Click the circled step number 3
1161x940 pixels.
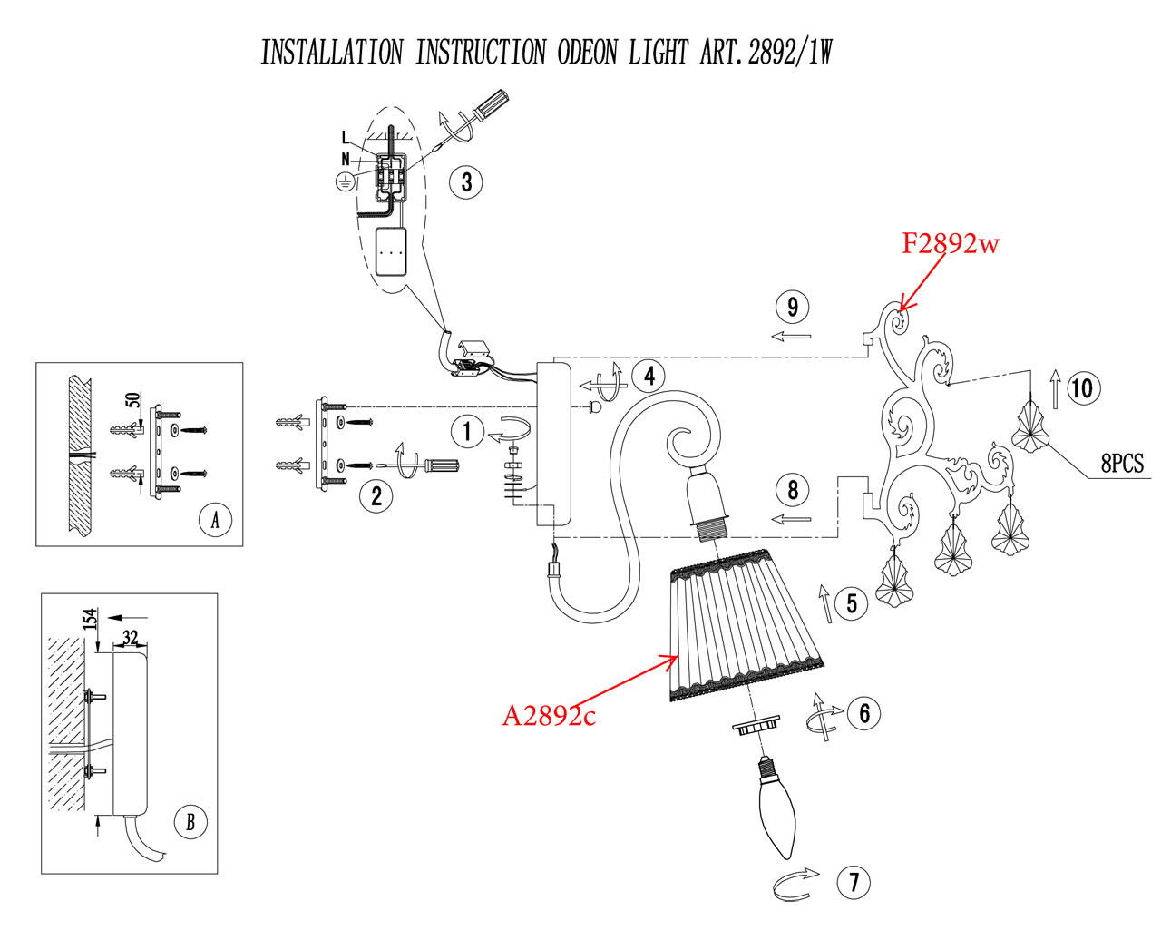pos(466,182)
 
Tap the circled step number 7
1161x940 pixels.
pos(854,882)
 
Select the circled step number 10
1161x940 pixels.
pos(1081,389)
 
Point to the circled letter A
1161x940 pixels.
pos(215,520)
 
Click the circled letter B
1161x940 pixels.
pos(190,822)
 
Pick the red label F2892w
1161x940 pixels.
pos(950,243)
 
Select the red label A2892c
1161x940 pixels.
pos(549,716)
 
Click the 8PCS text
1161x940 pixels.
pos(1122,464)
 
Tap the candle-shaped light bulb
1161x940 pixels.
pos(776,808)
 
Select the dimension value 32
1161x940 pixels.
pos(131,638)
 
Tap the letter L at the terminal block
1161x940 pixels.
pos(346,138)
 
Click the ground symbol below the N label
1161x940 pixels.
pos(345,182)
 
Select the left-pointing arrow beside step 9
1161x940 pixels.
pos(791,337)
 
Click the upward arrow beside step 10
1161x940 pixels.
pos(1056,388)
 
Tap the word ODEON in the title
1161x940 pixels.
pos(589,53)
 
